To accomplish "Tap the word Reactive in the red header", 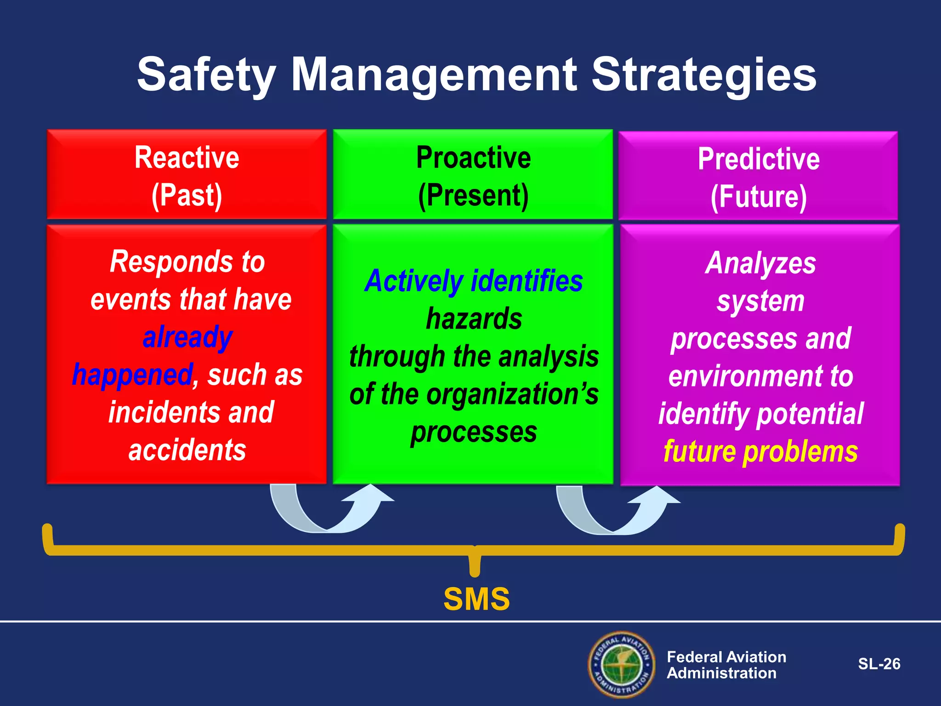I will coord(187,158).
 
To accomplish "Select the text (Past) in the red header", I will coord(187,195).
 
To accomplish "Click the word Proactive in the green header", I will coord(473,158).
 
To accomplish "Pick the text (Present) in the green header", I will coord(473,195).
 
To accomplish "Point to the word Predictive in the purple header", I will coord(759,159).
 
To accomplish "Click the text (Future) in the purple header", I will coord(759,197).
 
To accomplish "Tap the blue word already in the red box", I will coord(187,337).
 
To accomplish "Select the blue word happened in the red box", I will coord(132,375).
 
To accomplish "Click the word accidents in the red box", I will coord(187,450).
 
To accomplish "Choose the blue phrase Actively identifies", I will coord(473,281).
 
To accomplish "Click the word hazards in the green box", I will coord(474,319).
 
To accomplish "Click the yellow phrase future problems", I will coord(760,451).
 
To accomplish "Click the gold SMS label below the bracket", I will coord(476,599).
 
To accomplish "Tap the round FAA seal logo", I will coord(622,664).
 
